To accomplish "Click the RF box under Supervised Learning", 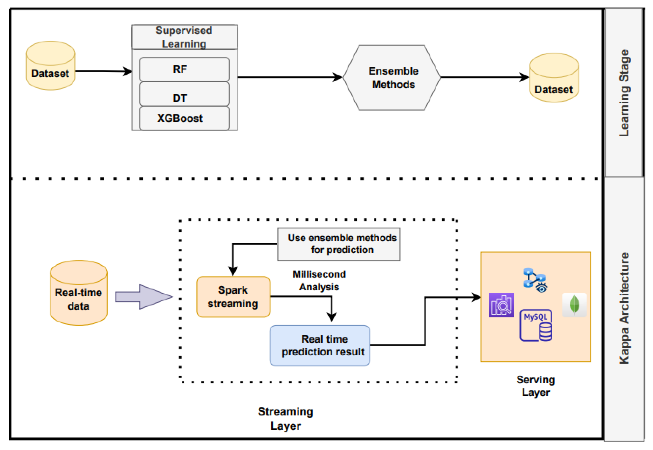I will point(184,69).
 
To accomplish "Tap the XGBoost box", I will point(184,118).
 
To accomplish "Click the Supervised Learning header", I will point(184,37).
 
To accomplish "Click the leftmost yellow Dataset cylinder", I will point(51,66).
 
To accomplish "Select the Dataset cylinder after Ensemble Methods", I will point(554,78).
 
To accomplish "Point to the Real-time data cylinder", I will point(79,293).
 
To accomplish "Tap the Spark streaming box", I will point(233,297).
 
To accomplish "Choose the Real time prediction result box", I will point(320,346).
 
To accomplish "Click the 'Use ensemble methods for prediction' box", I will point(339,244).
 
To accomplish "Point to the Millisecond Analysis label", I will point(319,281).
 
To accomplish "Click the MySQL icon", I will point(536,325).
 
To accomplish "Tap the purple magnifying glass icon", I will point(501,305).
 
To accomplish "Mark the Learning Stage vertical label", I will point(624,93).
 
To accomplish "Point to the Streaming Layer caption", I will point(285,419).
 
